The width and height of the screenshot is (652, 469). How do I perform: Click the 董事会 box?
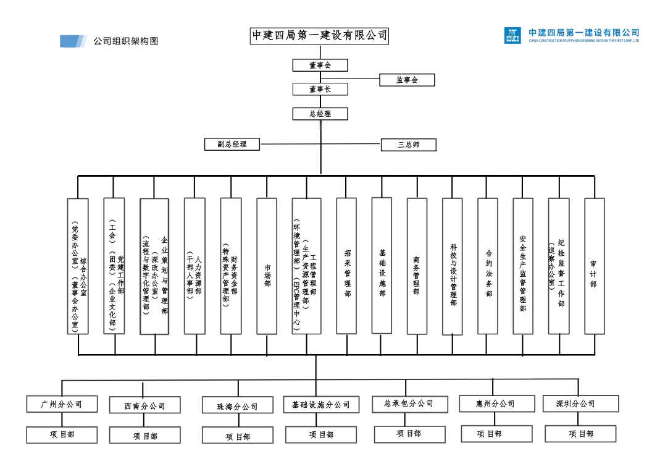tap(320, 65)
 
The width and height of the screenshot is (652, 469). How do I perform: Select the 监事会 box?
tap(407, 80)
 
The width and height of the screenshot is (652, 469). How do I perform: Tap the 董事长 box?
tap(320, 89)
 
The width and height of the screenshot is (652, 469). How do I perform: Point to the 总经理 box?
tap(320, 114)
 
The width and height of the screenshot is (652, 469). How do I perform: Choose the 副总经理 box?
tap(232, 144)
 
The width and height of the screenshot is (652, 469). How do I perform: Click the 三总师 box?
tap(408, 145)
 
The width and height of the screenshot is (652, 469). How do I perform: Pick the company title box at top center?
tap(320, 36)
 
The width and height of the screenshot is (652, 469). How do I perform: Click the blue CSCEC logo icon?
tap(512, 35)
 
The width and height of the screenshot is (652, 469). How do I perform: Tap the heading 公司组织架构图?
tap(126, 41)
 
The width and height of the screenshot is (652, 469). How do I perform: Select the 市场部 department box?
tap(267, 266)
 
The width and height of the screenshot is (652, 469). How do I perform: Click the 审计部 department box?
tap(594, 266)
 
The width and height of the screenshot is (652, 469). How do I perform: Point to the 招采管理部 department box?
tap(346, 266)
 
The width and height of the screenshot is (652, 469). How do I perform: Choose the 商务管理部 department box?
tap(417, 266)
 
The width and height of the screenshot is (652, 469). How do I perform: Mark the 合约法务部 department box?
tap(488, 266)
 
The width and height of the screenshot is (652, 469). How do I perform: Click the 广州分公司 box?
tap(62, 404)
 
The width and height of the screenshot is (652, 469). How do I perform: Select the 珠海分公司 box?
tap(238, 406)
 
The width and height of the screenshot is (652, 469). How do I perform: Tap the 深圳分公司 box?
tap(580, 404)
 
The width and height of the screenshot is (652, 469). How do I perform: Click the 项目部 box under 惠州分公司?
tap(496, 434)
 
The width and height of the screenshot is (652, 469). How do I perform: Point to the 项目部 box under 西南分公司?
tap(145, 436)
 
